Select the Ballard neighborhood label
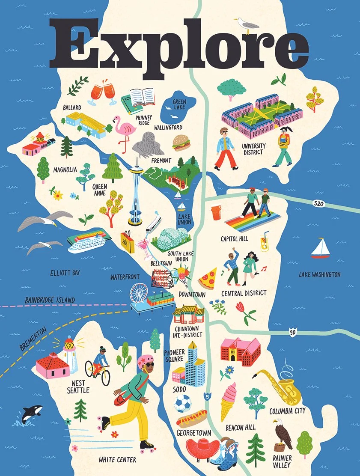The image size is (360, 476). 71,107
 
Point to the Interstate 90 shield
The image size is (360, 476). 292,332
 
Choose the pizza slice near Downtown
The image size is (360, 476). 208,279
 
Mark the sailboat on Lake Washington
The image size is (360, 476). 320,249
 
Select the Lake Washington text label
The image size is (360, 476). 319,274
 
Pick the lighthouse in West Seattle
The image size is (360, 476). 70,354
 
